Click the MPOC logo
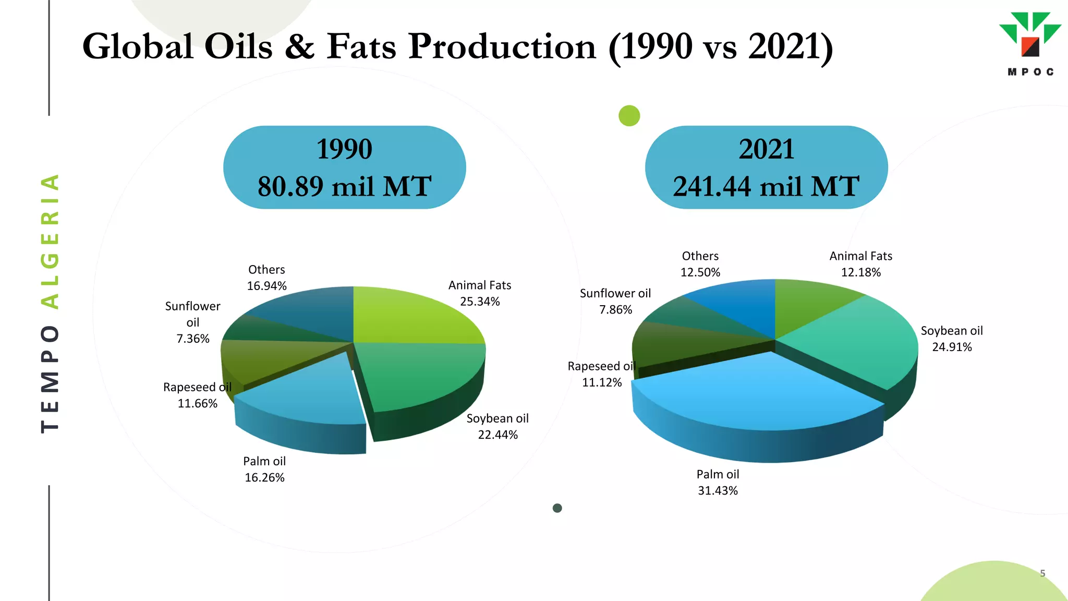1030,44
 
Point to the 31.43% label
718,490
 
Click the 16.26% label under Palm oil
264,477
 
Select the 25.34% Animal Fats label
480,301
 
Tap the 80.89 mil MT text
344,186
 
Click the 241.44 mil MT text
766,186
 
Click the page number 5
1042,573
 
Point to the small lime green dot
629,115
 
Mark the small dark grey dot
557,508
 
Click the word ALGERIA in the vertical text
50,241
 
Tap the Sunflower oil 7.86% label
615,302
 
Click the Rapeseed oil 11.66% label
197,395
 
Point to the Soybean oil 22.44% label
497,426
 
